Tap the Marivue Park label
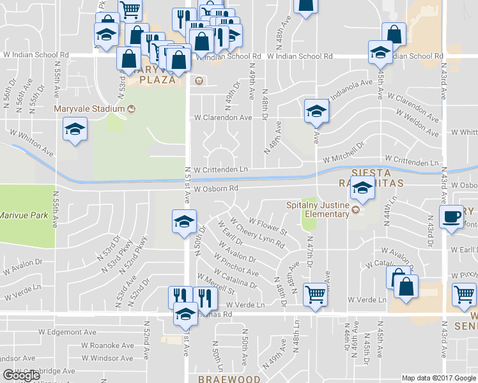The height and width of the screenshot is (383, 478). click(x=24, y=216)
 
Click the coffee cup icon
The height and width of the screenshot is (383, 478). click(x=452, y=216)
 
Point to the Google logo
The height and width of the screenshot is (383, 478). click(x=21, y=375)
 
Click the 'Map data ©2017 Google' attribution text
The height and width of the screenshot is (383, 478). click(x=439, y=378)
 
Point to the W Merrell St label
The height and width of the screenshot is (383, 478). click(x=217, y=282)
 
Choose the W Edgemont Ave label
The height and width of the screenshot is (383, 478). click(x=67, y=332)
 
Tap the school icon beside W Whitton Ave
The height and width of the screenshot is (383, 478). click(x=75, y=130)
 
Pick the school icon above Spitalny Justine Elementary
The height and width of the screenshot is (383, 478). click(x=362, y=189)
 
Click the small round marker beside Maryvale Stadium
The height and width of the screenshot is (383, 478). click(x=131, y=109)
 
